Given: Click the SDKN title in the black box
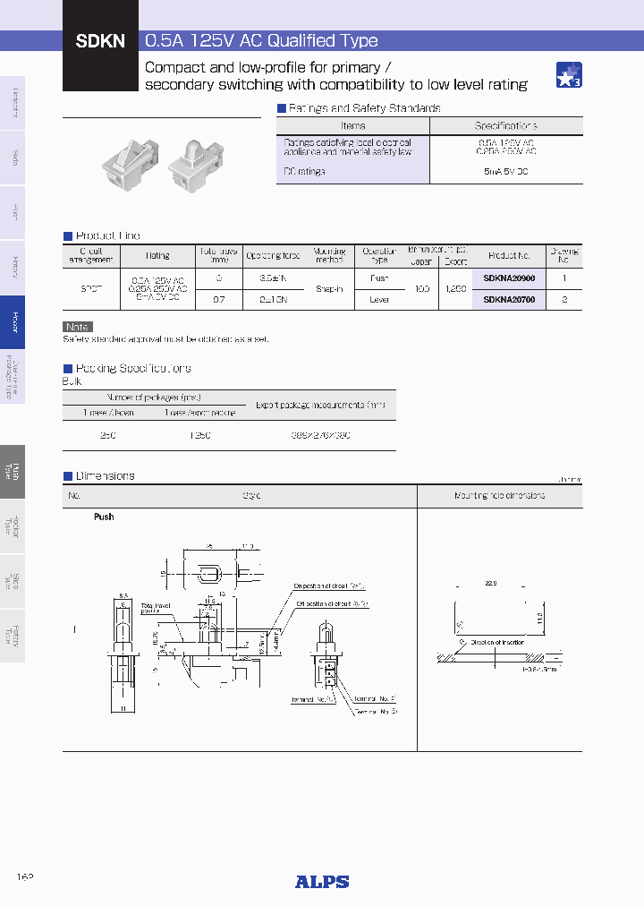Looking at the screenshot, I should [x=99, y=40].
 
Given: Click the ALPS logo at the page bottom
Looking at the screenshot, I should [x=322, y=881].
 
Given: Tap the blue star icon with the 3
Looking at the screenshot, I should [x=569, y=75].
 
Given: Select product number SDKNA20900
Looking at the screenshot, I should [x=509, y=278].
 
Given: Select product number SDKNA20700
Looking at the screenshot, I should [x=509, y=300].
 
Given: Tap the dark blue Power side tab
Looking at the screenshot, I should [x=13, y=321].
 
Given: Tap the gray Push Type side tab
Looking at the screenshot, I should [x=13, y=472].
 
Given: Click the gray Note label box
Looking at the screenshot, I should [x=78, y=327].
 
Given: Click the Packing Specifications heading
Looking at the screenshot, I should [x=132, y=368].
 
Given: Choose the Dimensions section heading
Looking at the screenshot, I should [x=105, y=476].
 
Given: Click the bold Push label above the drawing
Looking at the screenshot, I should [x=104, y=517].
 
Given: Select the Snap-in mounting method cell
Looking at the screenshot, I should [x=329, y=289].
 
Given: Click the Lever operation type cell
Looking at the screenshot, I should [x=379, y=300].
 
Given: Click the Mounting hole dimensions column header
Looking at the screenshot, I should [x=499, y=495].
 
